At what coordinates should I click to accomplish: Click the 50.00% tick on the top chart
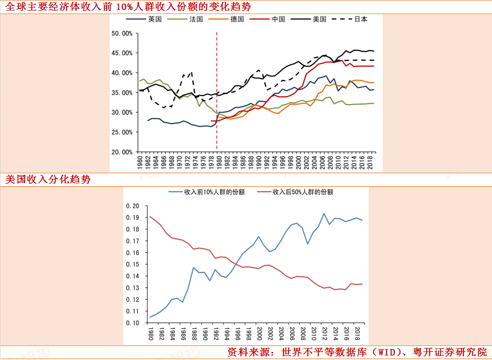[x=122, y=34]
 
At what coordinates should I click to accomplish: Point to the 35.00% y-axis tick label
[x=122, y=93]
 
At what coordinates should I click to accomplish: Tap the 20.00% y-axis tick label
[x=122, y=152]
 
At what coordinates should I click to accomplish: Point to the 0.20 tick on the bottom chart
[x=132, y=206]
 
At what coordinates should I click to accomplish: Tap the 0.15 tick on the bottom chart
[x=132, y=264]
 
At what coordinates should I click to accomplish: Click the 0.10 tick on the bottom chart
[x=132, y=323]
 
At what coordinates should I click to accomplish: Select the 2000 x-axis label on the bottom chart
[x=259, y=333]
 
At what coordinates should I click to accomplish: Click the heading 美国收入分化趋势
[x=48, y=179]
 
